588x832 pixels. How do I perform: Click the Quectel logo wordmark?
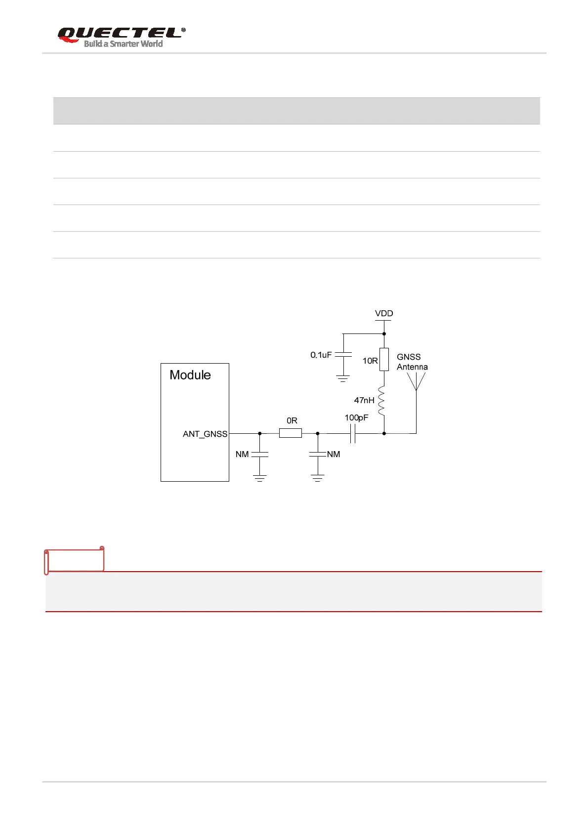pos(121,33)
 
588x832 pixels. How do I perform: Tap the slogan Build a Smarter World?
pos(123,44)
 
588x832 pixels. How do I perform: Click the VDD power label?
pos(384,313)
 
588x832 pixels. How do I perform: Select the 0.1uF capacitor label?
pos(321,355)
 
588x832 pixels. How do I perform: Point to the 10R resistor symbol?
pos(384,360)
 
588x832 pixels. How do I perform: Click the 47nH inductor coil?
pos(381,401)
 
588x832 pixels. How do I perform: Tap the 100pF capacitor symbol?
pos(352,433)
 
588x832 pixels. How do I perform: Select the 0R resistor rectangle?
pos(291,433)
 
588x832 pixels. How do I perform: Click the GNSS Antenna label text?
pos(412,362)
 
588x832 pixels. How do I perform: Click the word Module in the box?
pos(190,375)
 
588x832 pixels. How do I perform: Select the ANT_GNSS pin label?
pos(205,434)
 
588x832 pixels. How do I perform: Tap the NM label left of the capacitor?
pos(242,454)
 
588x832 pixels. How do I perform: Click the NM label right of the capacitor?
pos(334,454)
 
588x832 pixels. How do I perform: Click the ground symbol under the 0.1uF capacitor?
pos(343,378)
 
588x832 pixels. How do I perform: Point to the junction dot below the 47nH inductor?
pos(384,433)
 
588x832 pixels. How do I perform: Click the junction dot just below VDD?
pos(384,333)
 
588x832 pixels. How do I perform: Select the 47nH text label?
pos(364,400)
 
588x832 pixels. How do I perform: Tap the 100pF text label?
pos(356,417)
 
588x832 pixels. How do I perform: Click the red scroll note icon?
pos(74,560)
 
